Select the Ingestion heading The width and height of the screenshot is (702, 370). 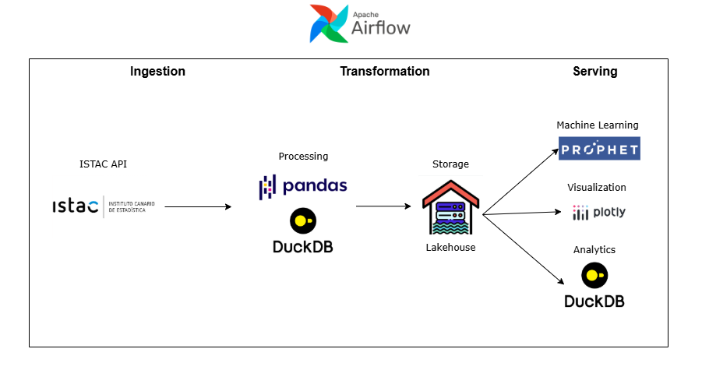pyautogui.click(x=157, y=72)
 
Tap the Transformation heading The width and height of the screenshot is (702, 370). pyautogui.click(x=384, y=72)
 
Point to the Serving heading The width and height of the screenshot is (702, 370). pyautogui.click(x=594, y=72)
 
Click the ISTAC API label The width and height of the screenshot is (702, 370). pyautogui.click(x=103, y=164)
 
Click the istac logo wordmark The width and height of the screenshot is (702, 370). pyautogui.click(x=76, y=206)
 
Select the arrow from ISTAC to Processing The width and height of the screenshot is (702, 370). pyautogui.click(x=198, y=206)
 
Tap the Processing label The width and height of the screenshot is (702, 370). pyautogui.click(x=303, y=157)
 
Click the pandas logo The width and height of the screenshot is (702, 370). pyautogui.click(x=303, y=186)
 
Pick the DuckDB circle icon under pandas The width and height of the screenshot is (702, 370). pyautogui.click(x=302, y=222)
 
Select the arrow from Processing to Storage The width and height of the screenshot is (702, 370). pyautogui.click(x=383, y=206)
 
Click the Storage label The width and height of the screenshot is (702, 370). pyautogui.click(x=450, y=164)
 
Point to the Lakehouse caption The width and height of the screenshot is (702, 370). pyautogui.click(x=450, y=248)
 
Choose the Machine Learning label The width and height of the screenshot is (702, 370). pyautogui.click(x=597, y=125)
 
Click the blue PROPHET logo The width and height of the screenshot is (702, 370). pyautogui.click(x=598, y=148)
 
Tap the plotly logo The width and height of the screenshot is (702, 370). pyautogui.click(x=598, y=212)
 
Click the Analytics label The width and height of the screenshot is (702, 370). pyautogui.click(x=594, y=250)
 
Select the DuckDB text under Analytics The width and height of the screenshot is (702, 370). pyautogui.click(x=594, y=301)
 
